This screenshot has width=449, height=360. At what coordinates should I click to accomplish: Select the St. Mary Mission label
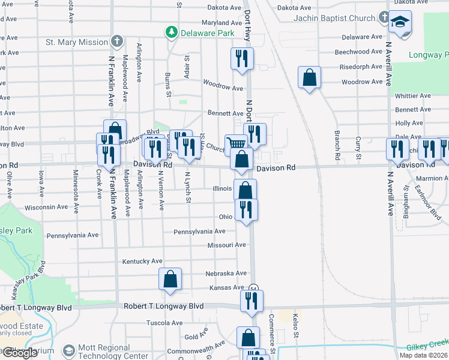pyautogui.click(x=77, y=43)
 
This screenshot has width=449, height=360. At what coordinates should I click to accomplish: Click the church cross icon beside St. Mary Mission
pyautogui.click(x=117, y=42)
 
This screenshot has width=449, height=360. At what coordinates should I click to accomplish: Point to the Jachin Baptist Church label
pyautogui.click(x=334, y=18)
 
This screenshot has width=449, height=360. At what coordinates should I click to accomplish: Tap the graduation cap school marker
pyautogui.click(x=400, y=23)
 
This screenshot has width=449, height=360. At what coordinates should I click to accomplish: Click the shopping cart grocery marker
pyautogui.click(x=236, y=145)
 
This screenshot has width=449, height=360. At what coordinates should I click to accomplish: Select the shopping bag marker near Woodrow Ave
pyautogui.click(x=309, y=77)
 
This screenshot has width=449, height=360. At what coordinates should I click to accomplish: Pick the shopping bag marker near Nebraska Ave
pyautogui.click(x=170, y=278)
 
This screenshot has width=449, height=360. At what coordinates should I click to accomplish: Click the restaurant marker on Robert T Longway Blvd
pyautogui.click(x=252, y=300)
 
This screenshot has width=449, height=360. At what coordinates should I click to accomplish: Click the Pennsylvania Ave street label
pyautogui.click(x=199, y=232)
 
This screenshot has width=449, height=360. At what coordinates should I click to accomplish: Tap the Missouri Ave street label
pyautogui.click(x=226, y=245)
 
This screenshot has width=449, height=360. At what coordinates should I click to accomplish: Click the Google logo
pyautogui.click(x=19, y=353)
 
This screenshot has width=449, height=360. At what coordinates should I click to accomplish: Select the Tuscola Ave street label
pyautogui.click(x=164, y=323)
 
